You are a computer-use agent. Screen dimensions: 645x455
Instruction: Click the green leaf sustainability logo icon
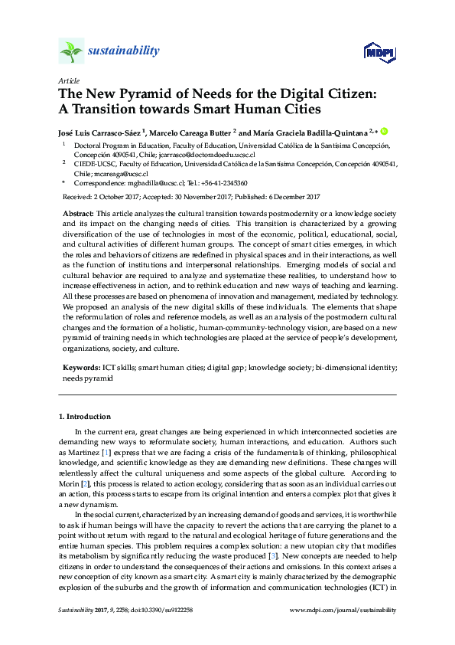pos(71,52)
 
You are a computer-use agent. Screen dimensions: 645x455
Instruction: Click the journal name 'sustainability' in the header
pos(123,51)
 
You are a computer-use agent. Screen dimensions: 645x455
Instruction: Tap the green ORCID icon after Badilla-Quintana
pos(384,131)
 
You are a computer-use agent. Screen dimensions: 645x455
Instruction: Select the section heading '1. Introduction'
pos(85,417)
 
